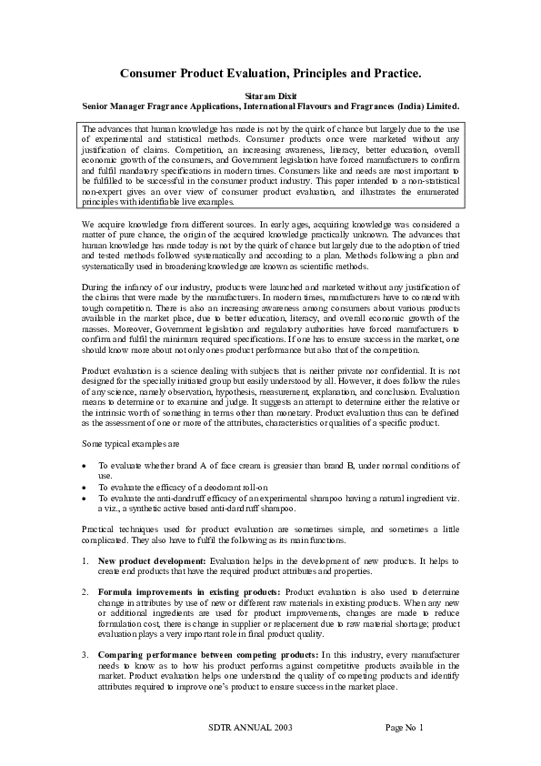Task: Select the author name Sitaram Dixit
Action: pos(270,95)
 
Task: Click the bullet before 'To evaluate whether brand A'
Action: pos(85,465)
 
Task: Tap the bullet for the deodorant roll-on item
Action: pos(85,487)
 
